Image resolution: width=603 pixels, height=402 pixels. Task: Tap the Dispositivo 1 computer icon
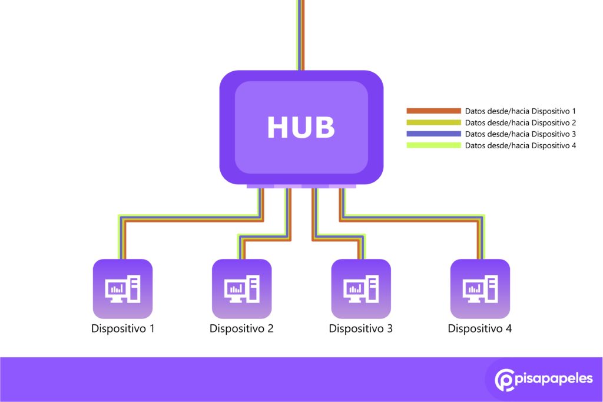(x=122, y=288)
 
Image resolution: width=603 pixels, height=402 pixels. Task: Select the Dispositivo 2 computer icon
(x=241, y=288)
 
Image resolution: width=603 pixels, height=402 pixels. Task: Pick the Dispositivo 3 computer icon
(x=360, y=288)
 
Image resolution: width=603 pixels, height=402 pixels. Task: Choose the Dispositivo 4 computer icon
(x=480, y=288)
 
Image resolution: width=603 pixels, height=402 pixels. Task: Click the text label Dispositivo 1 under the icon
(x=122, y=328)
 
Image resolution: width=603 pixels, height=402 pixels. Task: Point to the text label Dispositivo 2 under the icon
(x=241, y=328)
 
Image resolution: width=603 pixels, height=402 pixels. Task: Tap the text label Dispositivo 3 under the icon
(x=360, y=328)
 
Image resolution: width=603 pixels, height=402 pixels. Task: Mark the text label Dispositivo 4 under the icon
(x=480, y=328)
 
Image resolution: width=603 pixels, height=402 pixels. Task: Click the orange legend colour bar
(x=433, y=111)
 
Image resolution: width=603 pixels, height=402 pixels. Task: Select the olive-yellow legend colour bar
(x=433, y=122)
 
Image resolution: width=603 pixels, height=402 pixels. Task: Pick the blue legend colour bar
(x=433, y=134)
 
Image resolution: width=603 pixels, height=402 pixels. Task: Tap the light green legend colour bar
(x=433, y=145)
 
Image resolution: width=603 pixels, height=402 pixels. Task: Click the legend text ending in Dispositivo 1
(x=520, y=111)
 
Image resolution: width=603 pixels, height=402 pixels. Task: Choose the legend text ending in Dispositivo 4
(x=520, y=145)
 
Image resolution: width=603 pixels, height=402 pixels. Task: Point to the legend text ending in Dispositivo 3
(x=520, y=134)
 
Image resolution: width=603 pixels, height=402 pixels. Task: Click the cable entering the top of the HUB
(x=301, y=35)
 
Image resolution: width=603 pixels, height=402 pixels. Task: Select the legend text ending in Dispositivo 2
(x=520, y=122)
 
